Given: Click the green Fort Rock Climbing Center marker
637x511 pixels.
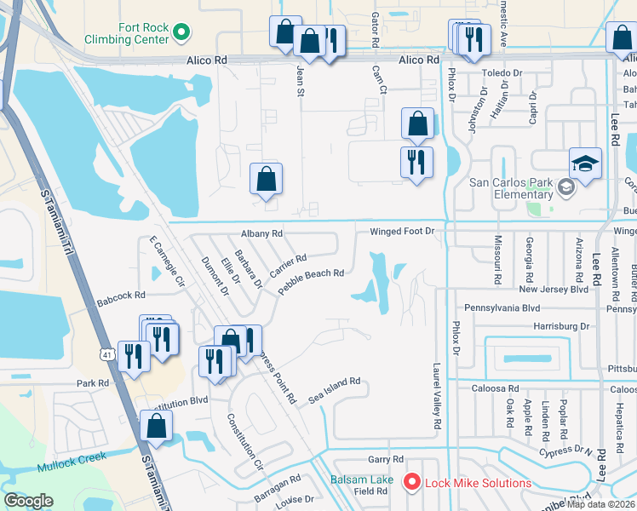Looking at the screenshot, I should click(x=181, y=33).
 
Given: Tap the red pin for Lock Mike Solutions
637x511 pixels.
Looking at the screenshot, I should click(x=412, y=483).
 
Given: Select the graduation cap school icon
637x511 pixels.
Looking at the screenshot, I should click(x=585, y=163).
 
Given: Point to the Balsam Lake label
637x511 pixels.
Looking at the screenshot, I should click(x=362, y=480).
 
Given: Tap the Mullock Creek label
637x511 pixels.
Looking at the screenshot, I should click(x=72, y=462).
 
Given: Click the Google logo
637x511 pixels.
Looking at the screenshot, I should click(x=29, y=501).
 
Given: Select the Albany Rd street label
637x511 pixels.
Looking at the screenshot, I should click(x=261, y=233).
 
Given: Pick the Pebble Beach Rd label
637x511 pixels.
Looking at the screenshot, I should click(x=311, y=281).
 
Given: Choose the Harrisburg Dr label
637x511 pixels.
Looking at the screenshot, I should click(x=561, y=326).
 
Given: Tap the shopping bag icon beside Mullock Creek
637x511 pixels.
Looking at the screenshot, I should click(x=157, y=426).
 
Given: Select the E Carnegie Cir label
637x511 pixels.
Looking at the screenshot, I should click(x=166, y=261).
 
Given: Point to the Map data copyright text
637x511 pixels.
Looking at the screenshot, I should click(x=601, y=503).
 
